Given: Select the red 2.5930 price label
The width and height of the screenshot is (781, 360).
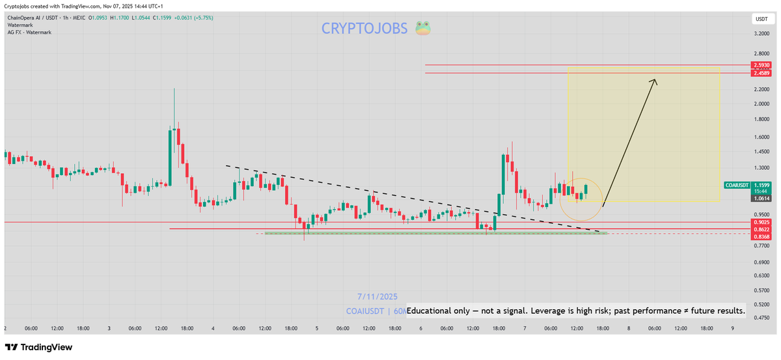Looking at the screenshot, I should pos(761,65).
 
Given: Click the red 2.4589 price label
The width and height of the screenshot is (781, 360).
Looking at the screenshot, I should pos(761,73).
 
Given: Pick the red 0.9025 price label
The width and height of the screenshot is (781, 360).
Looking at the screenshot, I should pos(761,223).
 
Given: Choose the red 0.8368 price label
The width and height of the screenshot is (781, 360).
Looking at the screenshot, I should pos(761,237).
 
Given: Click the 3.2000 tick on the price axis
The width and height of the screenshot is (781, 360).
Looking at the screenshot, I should pos(761,33).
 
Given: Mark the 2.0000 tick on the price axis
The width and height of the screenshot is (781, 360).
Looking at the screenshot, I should pos(761,104).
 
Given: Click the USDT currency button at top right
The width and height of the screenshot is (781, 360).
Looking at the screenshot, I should pos(761,19).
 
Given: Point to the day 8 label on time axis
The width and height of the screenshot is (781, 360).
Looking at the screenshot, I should pos(628,328).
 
